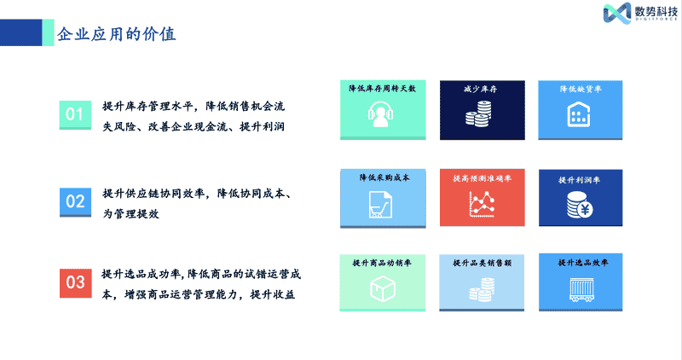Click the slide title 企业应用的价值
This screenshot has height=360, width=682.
[x=117, y=34]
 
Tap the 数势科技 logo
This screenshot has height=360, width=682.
[x=640, y=13]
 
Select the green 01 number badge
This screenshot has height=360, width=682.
[x=75, y=115]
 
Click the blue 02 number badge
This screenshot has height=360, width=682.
[x=75, y=202]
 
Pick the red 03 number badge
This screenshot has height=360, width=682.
[x=75, y=283]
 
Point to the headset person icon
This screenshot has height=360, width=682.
[x=380, y=114]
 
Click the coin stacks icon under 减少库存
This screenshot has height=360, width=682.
[x=478, y=114]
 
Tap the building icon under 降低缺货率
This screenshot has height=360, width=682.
[x=579, y=114]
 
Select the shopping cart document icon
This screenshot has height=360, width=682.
[x=380, y=204]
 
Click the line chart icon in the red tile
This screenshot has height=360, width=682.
[x=482, y=204]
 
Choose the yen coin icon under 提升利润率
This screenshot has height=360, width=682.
[x=580, y=205]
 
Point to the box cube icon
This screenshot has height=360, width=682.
[x=382, y=288]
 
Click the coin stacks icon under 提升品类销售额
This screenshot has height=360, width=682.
[x=482, y=289]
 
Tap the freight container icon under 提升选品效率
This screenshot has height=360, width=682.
[x=581, y=290]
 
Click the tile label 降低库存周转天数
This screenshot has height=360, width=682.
[x=382, y=89]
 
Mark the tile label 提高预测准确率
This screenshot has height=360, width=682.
[x=482, y=178]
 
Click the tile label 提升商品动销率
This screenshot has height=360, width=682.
[x=381, y=263]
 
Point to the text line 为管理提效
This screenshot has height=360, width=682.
[x=131, y=214]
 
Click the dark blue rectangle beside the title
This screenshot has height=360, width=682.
[x=20, y=32]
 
